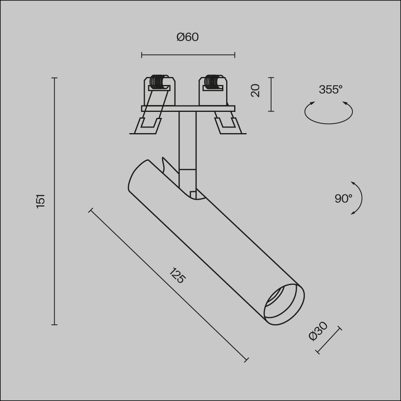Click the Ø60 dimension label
[x=187, y=37]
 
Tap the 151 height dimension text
[x=41, y=200]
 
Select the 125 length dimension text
[x=177, y=275]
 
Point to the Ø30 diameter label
[x=318, y=331]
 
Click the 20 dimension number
[x=255, y=90]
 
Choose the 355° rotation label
[x=330, y=90]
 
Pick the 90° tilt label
[x=343, y=198]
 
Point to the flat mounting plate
[x=188, y=108]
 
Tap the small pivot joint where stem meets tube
[x=193, y=195]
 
